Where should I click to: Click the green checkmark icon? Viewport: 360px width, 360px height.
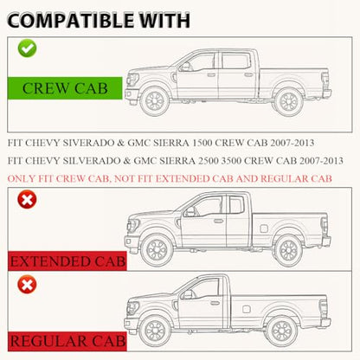tap(27, 48)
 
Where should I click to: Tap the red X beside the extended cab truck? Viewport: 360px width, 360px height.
tap(27, 199)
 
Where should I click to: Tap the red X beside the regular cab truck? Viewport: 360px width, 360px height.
tap(27, 285)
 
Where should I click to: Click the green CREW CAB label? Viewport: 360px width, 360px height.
tap(65, 88)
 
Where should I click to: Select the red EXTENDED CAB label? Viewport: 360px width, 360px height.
tap(67, 261)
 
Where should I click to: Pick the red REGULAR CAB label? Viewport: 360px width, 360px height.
tap(67, 341)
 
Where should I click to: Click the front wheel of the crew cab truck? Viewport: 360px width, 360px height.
tap(155, 101)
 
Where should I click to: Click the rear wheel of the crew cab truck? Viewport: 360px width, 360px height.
tap(288, 101)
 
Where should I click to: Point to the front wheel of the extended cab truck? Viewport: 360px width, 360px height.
tap(157, 249)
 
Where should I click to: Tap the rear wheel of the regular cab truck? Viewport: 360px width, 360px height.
tap(282, 331)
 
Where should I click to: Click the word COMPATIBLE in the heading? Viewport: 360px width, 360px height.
tap(70, 21)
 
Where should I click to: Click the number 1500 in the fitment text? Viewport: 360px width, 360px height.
tap(202, 143)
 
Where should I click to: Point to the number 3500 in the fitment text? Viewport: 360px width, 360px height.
tap(231, 161)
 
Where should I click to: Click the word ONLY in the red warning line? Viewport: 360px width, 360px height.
tap(18, 179)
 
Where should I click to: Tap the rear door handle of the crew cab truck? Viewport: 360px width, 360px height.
tap(248, 74)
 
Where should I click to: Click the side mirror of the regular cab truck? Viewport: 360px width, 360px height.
tap(186, 294)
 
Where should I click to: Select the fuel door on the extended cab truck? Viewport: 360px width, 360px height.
tap(264, 228)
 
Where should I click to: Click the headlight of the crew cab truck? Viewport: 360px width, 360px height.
tap(133, 79)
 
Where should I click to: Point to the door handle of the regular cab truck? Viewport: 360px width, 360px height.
tap(215, 303)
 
